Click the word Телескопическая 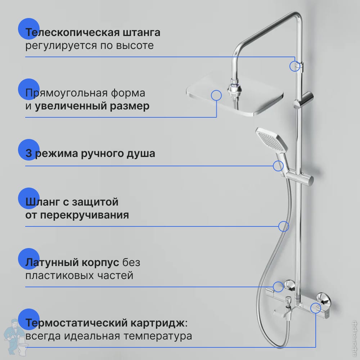pyautogui.click(x=72, y=33)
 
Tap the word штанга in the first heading pyautogui.click(x=141, y=33)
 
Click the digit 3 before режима pyautogui.click(x=28, y=153)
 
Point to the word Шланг pyautogui.click(x=42, y=202)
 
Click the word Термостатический pyautogui.click(x=76, y=323)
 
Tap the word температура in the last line pyautogui.click(x=158, y=336)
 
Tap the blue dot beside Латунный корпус pyautogui.click(x=29, y=258)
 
